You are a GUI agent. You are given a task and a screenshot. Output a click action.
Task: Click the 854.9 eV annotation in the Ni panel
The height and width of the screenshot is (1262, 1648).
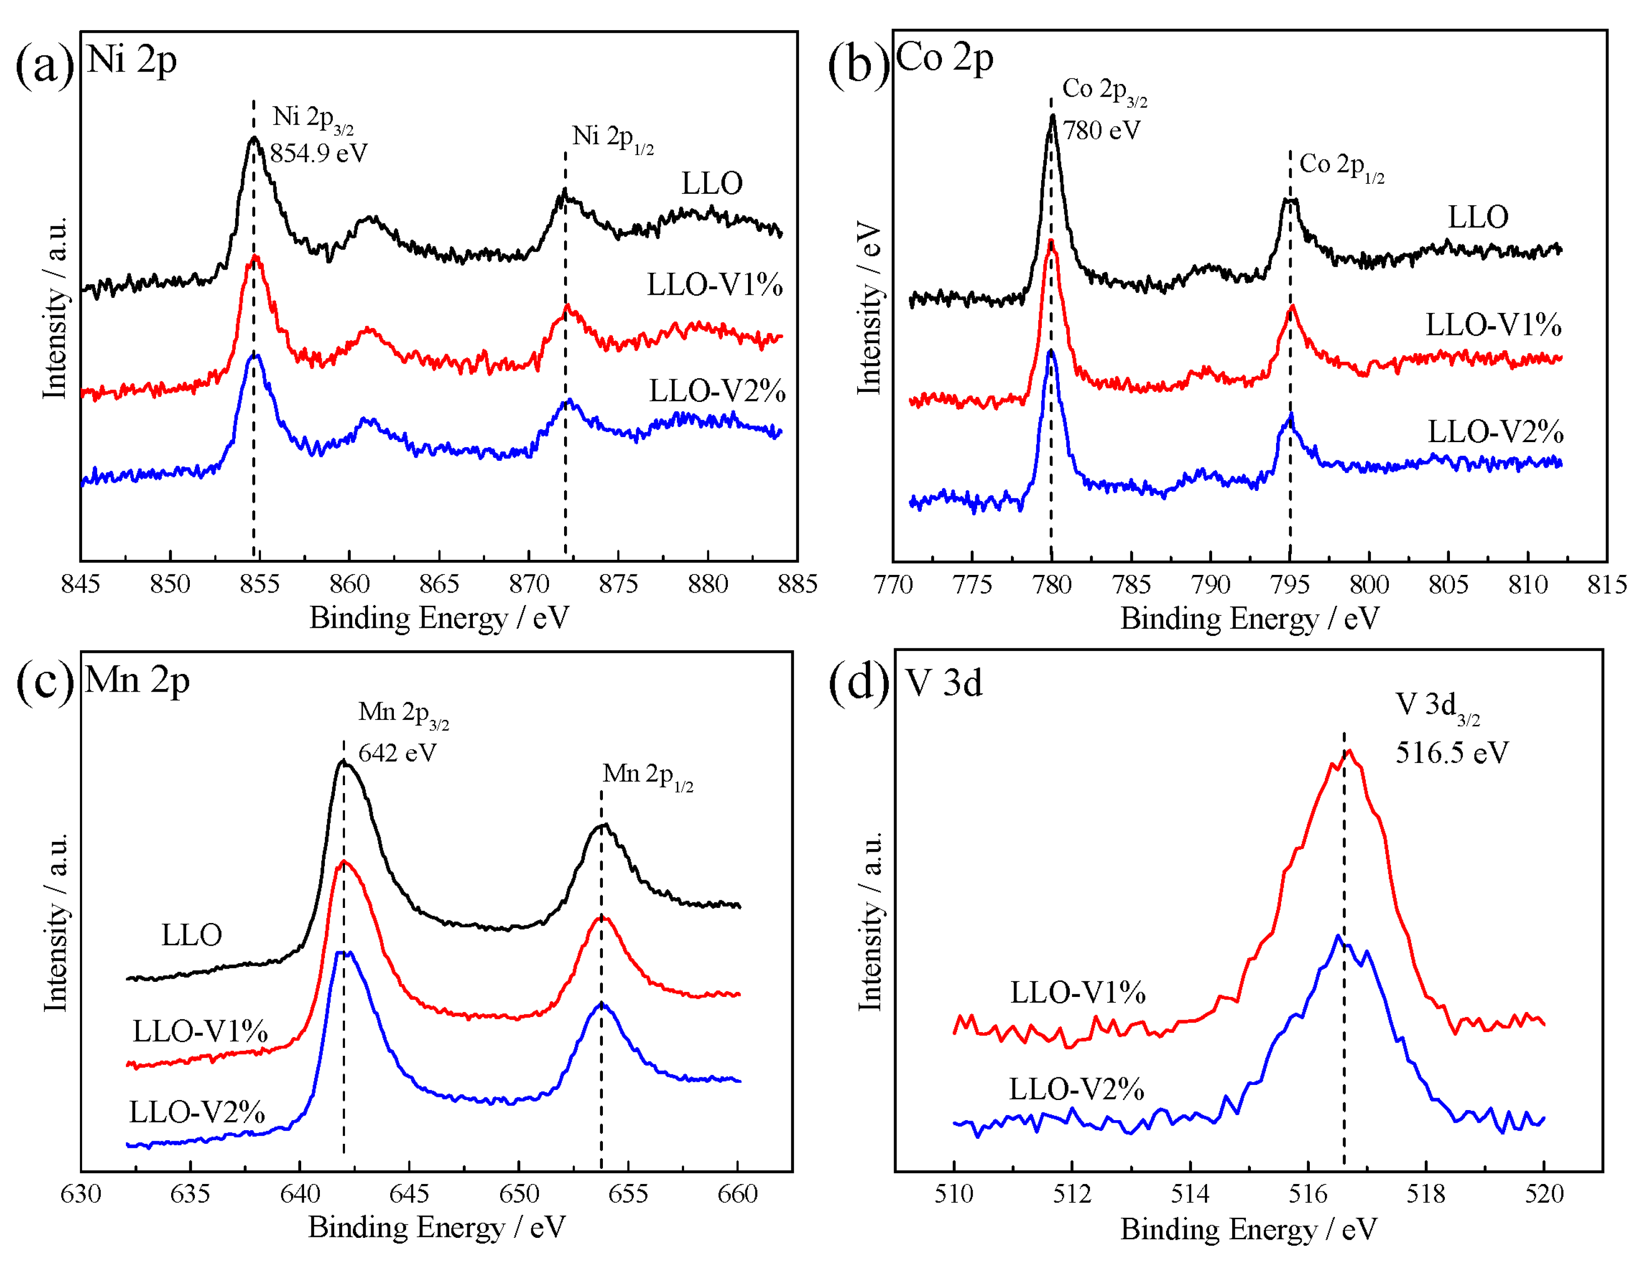click(319, 153)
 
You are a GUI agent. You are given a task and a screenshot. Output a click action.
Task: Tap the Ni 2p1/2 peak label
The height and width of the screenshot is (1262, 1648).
click(612, 137)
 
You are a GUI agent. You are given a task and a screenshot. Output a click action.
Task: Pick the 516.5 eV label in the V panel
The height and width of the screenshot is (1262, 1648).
click(1451, 753)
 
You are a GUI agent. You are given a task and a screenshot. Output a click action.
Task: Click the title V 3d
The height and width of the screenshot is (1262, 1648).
click(944, 683)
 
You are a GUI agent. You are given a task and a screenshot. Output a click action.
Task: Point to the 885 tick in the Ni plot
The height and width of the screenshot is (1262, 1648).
click(797, 584)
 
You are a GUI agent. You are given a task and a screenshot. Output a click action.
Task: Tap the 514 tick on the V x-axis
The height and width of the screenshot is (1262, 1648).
click(1190, 1194)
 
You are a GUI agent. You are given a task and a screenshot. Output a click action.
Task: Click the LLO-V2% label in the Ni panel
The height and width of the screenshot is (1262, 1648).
click(717, 391)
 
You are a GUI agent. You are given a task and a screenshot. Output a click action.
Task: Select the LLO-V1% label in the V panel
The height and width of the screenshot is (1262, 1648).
click(1077, 993)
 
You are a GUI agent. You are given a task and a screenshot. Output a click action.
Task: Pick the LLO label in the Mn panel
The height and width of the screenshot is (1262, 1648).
click(192, 935)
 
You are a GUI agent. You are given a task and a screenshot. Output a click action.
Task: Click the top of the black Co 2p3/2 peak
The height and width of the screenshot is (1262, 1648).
click(1053, 116)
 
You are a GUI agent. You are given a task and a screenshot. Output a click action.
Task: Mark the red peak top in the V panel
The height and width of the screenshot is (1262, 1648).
click(1350, 751)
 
